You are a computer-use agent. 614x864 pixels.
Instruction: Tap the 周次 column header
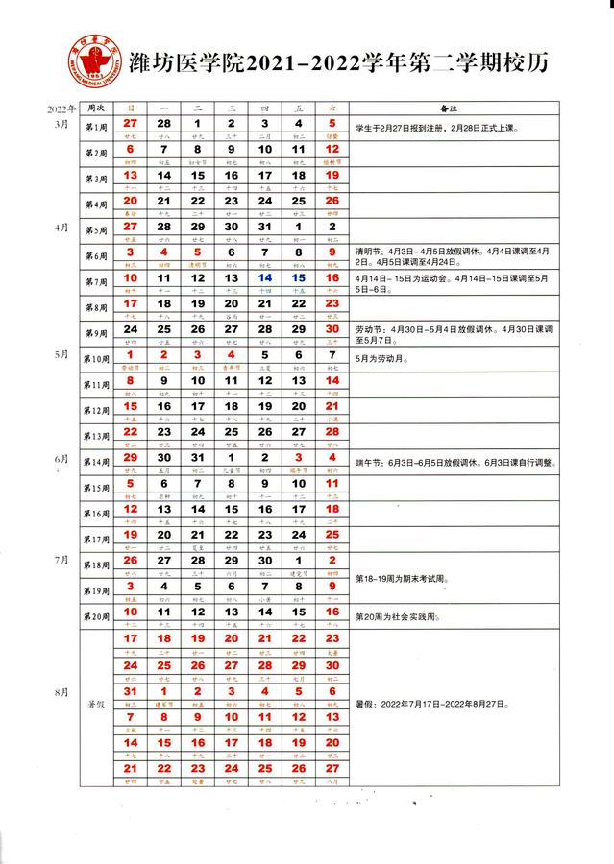(96, 109)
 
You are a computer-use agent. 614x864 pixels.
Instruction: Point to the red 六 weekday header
(332, 109)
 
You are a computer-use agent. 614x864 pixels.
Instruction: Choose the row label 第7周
(96, 283)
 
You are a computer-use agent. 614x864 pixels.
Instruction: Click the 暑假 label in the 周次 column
(96, 704)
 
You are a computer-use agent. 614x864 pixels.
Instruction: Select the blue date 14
(264, 278)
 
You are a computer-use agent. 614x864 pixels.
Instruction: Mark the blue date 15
(298, 278)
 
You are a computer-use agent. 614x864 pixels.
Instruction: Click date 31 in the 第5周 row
(264, 228)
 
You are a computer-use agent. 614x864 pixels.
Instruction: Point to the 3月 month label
(62, 125)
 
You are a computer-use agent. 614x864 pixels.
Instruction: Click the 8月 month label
(62, 690)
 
